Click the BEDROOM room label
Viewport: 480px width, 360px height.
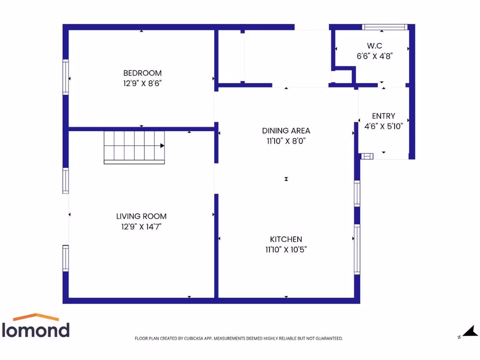tap(142, 73)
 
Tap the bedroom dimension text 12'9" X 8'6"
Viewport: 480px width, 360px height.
tap(142, 83)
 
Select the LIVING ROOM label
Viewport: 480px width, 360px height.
tap(141, 217)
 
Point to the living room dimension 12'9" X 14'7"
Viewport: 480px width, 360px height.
tap(141, 227)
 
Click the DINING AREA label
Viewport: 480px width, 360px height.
tap(286, 131)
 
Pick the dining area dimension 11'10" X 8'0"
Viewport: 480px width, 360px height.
tap(286, 141)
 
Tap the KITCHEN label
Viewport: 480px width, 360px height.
tap(286, 240)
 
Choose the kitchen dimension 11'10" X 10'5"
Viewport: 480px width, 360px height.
tap(286, 249)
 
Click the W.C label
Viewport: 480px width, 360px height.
tap(374, 46)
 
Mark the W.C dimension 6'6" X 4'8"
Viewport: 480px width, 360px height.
tap(374, 56)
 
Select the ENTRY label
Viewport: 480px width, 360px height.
tap(383, 116)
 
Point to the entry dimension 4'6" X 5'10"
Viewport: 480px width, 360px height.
tap(383, 126)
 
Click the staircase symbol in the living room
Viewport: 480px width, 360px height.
tap(134, 147)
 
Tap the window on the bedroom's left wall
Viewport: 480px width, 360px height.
tap(66, 77)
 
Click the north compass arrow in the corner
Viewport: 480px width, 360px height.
tap(470, 332)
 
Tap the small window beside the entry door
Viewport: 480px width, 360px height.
tap(367, 156)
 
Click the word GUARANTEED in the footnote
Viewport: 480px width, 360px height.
tap(327, 338)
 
